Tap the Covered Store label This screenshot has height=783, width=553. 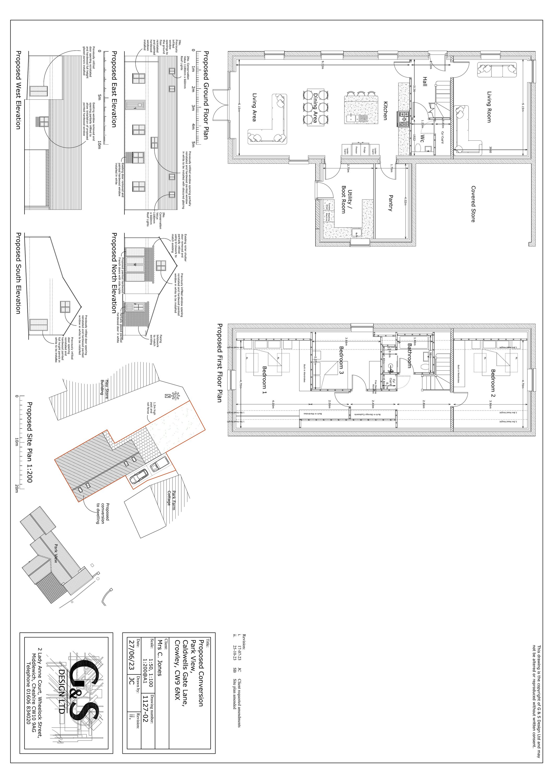coord(473,204)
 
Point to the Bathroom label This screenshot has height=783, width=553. coord(409,355)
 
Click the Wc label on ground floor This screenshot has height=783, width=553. coord(422,138)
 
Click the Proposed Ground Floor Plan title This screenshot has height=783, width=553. coord(206,96)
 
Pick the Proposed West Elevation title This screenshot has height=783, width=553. coord(18,90)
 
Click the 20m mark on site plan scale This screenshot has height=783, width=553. coord(17,489)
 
